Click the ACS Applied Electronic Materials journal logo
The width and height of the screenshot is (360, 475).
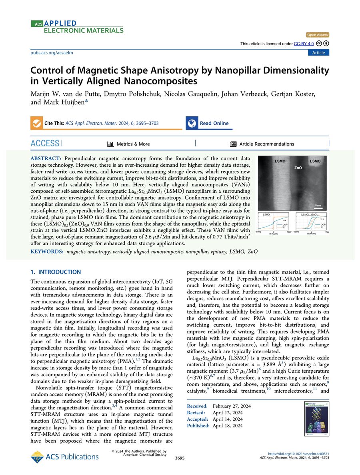click(77, 26)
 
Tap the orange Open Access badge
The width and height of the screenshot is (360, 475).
click(318, 35)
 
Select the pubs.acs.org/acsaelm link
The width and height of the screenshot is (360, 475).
click(52, 53)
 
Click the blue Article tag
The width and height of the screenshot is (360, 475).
click(318, 53)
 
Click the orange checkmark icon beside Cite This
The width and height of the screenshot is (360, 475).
click(36, 123)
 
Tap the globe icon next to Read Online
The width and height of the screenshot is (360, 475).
click(192, 123)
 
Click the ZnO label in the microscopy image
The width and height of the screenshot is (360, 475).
click(298, 168)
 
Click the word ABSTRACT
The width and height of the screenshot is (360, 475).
click(46, 159)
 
